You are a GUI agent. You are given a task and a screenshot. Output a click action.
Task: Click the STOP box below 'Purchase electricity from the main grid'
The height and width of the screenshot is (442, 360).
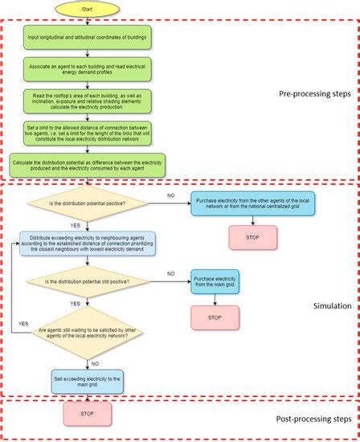coord(215,317)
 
